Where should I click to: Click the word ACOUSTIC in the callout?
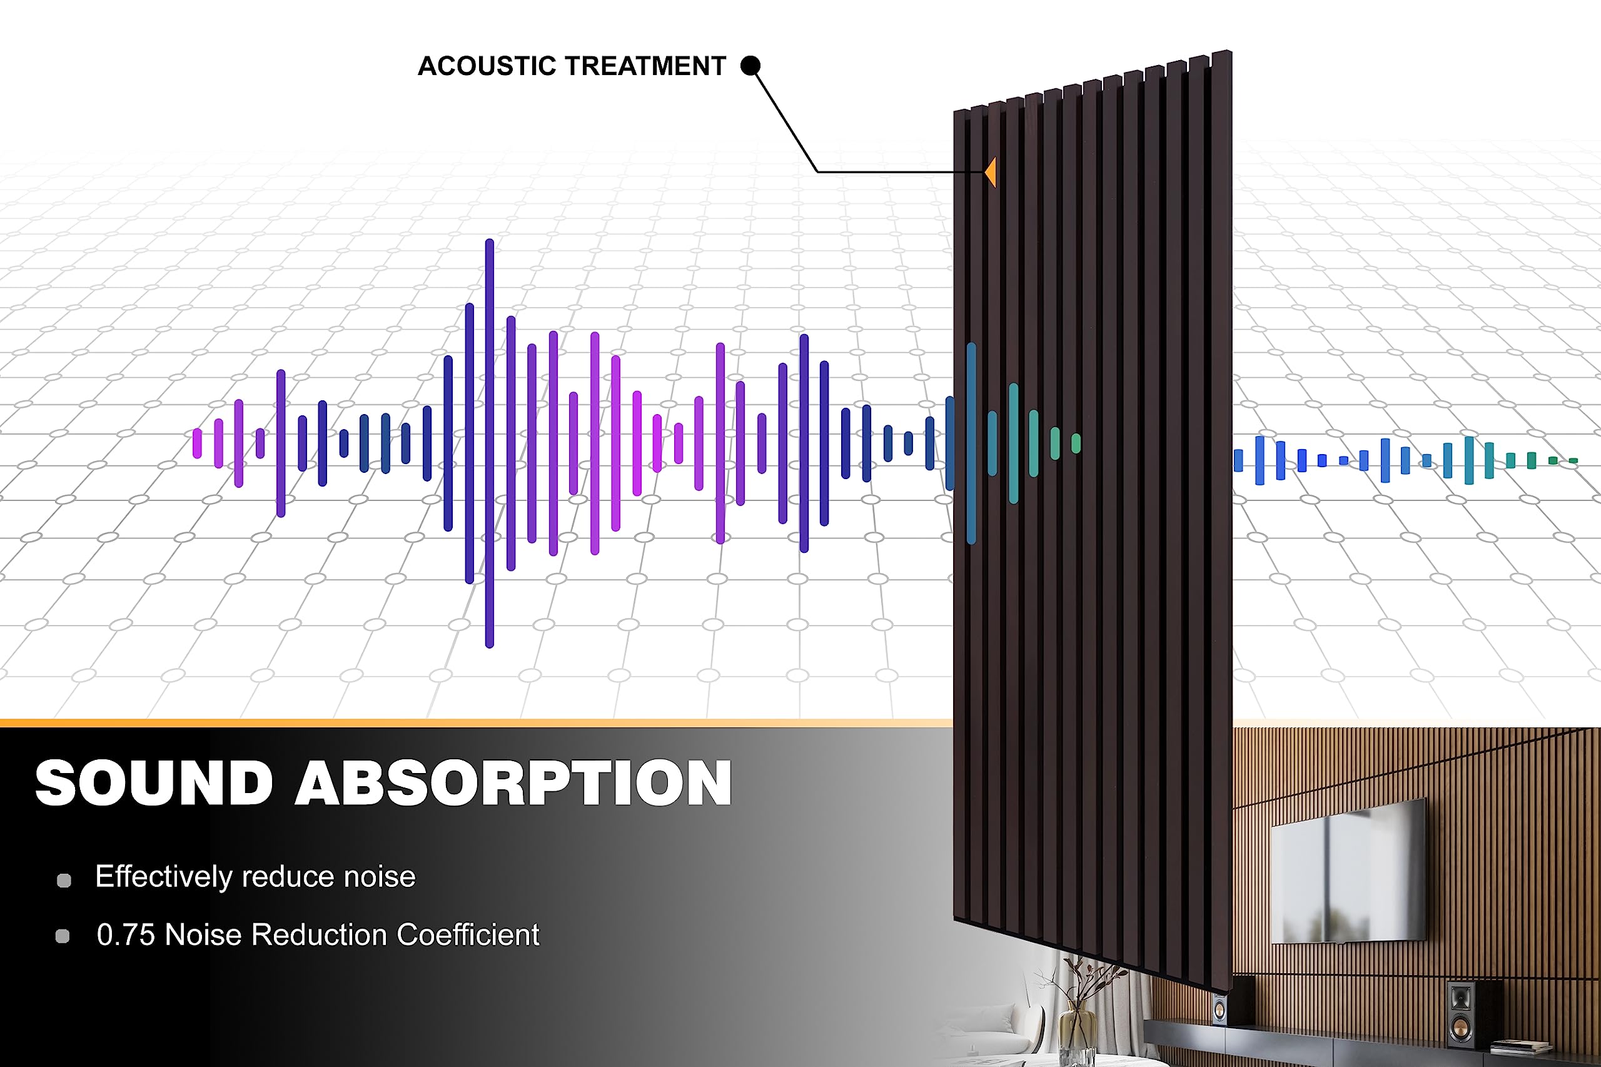click(487, 66)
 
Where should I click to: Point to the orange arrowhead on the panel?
click(990, 172)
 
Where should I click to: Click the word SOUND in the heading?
click(154, 783)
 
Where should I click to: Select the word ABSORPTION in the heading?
click(513, 783)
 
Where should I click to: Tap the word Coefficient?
click(468, 935)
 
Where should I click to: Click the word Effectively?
click(164, 877)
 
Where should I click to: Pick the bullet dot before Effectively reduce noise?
click(64, 881)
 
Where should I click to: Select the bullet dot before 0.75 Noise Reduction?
click(63, 936)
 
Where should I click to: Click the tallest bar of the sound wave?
click(489, 443)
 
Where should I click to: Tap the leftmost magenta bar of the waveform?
click(198, 443)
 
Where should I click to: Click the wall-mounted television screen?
click(1348, 871)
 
